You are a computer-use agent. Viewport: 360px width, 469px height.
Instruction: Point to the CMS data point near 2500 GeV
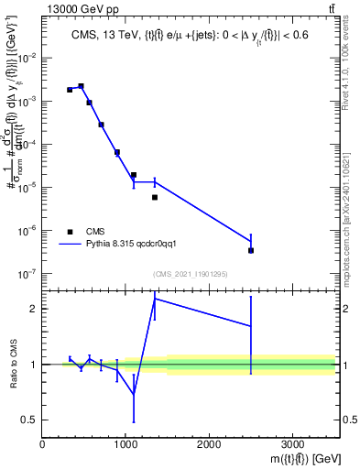click(x=251, y=250)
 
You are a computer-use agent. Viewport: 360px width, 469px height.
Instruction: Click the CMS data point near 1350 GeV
click(x=155, y=197)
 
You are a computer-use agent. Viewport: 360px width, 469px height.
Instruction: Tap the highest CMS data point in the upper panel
click(x=82, y=86)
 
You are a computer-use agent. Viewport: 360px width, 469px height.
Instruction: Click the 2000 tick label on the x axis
click(x=209, y=444)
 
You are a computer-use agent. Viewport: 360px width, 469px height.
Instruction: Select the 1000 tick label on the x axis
click(x=125, y=444)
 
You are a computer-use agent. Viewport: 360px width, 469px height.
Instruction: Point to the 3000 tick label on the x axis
click(x=292, y=444)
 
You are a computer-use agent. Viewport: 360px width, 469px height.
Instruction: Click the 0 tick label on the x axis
click(x=42, y=444)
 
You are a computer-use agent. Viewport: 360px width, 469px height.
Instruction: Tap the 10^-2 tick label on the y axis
click(x=28, y=58)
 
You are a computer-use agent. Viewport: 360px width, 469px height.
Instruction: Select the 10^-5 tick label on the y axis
click(x=28, y=188)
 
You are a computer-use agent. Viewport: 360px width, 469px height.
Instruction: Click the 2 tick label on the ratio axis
click(x=34, y=309)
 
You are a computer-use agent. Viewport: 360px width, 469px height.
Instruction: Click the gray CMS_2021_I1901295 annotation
click(x=190, y=275)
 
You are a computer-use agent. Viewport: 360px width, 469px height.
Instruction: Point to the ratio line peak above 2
click(x=155, y=299)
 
